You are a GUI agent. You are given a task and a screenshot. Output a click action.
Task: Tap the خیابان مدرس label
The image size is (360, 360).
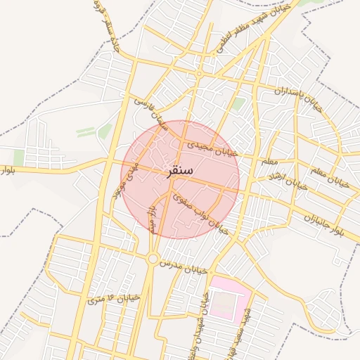coord(185,264)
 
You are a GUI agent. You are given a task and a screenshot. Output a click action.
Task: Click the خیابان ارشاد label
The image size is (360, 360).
coord(292,183)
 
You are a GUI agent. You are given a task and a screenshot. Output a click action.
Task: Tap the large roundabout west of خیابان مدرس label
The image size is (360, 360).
coord(153,259)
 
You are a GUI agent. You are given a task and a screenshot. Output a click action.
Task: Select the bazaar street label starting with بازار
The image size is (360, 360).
coord(150,217)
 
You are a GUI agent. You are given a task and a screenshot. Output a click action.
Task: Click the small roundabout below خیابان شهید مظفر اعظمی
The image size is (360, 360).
coord(200,74)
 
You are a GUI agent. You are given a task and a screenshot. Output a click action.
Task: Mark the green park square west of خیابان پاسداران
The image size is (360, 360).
coord(238,104)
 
